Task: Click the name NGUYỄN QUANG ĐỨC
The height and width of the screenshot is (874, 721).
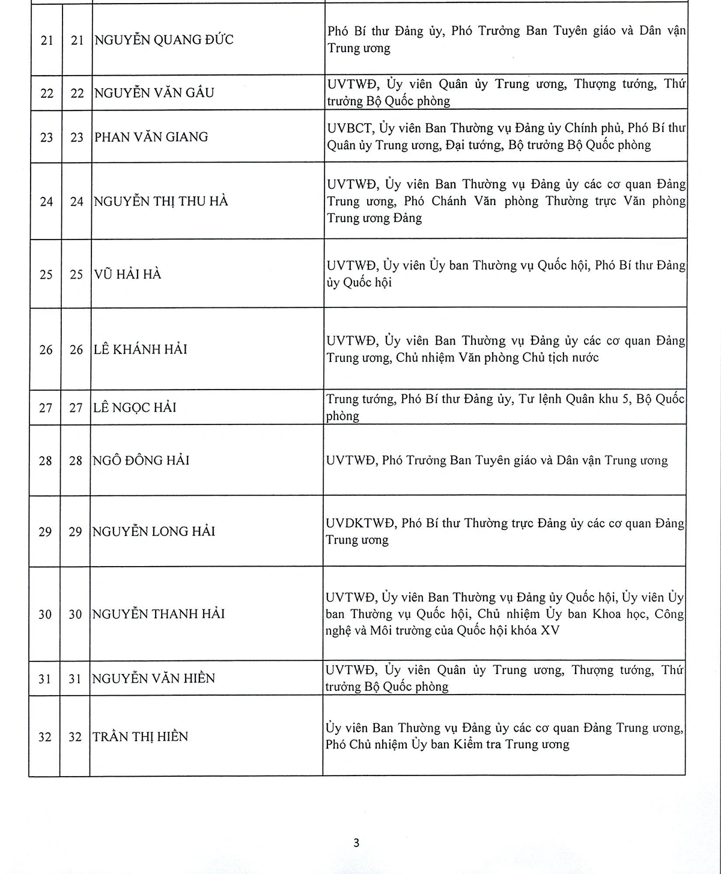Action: pos(164,40)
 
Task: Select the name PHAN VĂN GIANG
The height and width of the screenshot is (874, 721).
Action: pos(151,137)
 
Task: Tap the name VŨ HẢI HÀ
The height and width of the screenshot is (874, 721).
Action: pos(127,274)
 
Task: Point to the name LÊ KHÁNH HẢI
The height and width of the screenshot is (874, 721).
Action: pos(140,349)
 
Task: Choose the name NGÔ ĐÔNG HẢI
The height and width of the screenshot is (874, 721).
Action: pos(141,460)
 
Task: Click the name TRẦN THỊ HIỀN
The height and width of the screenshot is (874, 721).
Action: pos(140,737)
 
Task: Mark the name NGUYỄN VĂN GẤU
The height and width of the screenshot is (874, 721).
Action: pos(154,93)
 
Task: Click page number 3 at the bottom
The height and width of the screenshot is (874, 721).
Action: pos(356,843)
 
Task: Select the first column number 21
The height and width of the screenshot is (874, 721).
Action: pos(47,41)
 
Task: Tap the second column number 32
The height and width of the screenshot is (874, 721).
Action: pos(75,737)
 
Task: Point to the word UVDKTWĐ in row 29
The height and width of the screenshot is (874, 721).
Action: pos(360,523)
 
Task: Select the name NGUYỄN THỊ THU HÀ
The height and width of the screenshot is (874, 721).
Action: pos(161,201)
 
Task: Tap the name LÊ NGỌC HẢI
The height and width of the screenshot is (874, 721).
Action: pos(135,408)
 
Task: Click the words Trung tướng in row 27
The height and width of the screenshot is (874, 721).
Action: pos(360,399)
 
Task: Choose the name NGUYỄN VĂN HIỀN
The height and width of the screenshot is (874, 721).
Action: pos(154,678)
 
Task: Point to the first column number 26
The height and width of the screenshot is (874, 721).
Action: pos(46,349)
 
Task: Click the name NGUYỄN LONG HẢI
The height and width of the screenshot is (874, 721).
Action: pos(154,531)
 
